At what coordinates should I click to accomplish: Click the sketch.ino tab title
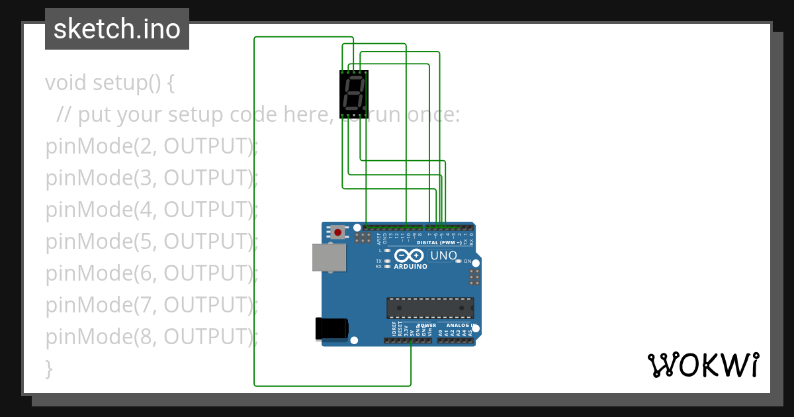[117, 29]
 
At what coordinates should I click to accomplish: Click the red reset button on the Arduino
[338, 232]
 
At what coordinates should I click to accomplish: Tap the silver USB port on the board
[329, 257]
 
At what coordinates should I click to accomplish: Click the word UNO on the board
[443, 255]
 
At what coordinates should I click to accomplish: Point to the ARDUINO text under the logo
[410, 267]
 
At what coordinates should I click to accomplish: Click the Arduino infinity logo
[408, 255]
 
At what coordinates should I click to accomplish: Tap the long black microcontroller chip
[430, 308]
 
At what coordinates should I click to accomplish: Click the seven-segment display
[354, 94]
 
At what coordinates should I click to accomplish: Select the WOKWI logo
[703, 365]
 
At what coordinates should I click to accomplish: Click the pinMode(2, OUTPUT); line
[152, 146]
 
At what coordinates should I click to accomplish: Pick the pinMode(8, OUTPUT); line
[152, 337]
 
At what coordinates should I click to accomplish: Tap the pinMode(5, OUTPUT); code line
[152, 242]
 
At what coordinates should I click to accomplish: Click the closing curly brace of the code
[48, 368]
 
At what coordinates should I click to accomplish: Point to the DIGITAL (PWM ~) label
[439, 242]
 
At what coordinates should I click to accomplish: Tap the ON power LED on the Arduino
[459, 261]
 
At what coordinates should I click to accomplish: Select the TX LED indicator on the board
[387, 261]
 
